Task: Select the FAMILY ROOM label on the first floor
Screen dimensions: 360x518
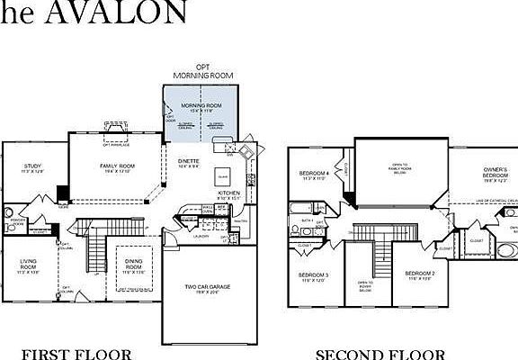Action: [x=116, y=167]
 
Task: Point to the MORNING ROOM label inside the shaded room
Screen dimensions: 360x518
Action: [x=201, y=107]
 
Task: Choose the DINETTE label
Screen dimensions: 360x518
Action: [x=188, y=164]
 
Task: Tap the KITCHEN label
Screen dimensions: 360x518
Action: [x=228, y=195]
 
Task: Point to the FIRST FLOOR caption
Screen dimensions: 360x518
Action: [x=76, y=353]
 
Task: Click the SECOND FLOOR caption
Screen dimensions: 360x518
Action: [x=380, y=353]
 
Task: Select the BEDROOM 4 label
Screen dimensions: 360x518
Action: [x=314, y=176]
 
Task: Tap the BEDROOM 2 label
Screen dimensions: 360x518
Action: [x=419, y=275]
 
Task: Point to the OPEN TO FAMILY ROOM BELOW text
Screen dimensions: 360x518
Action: [x=397, y=169]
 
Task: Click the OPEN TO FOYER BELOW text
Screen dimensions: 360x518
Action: [x=365, y=286]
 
